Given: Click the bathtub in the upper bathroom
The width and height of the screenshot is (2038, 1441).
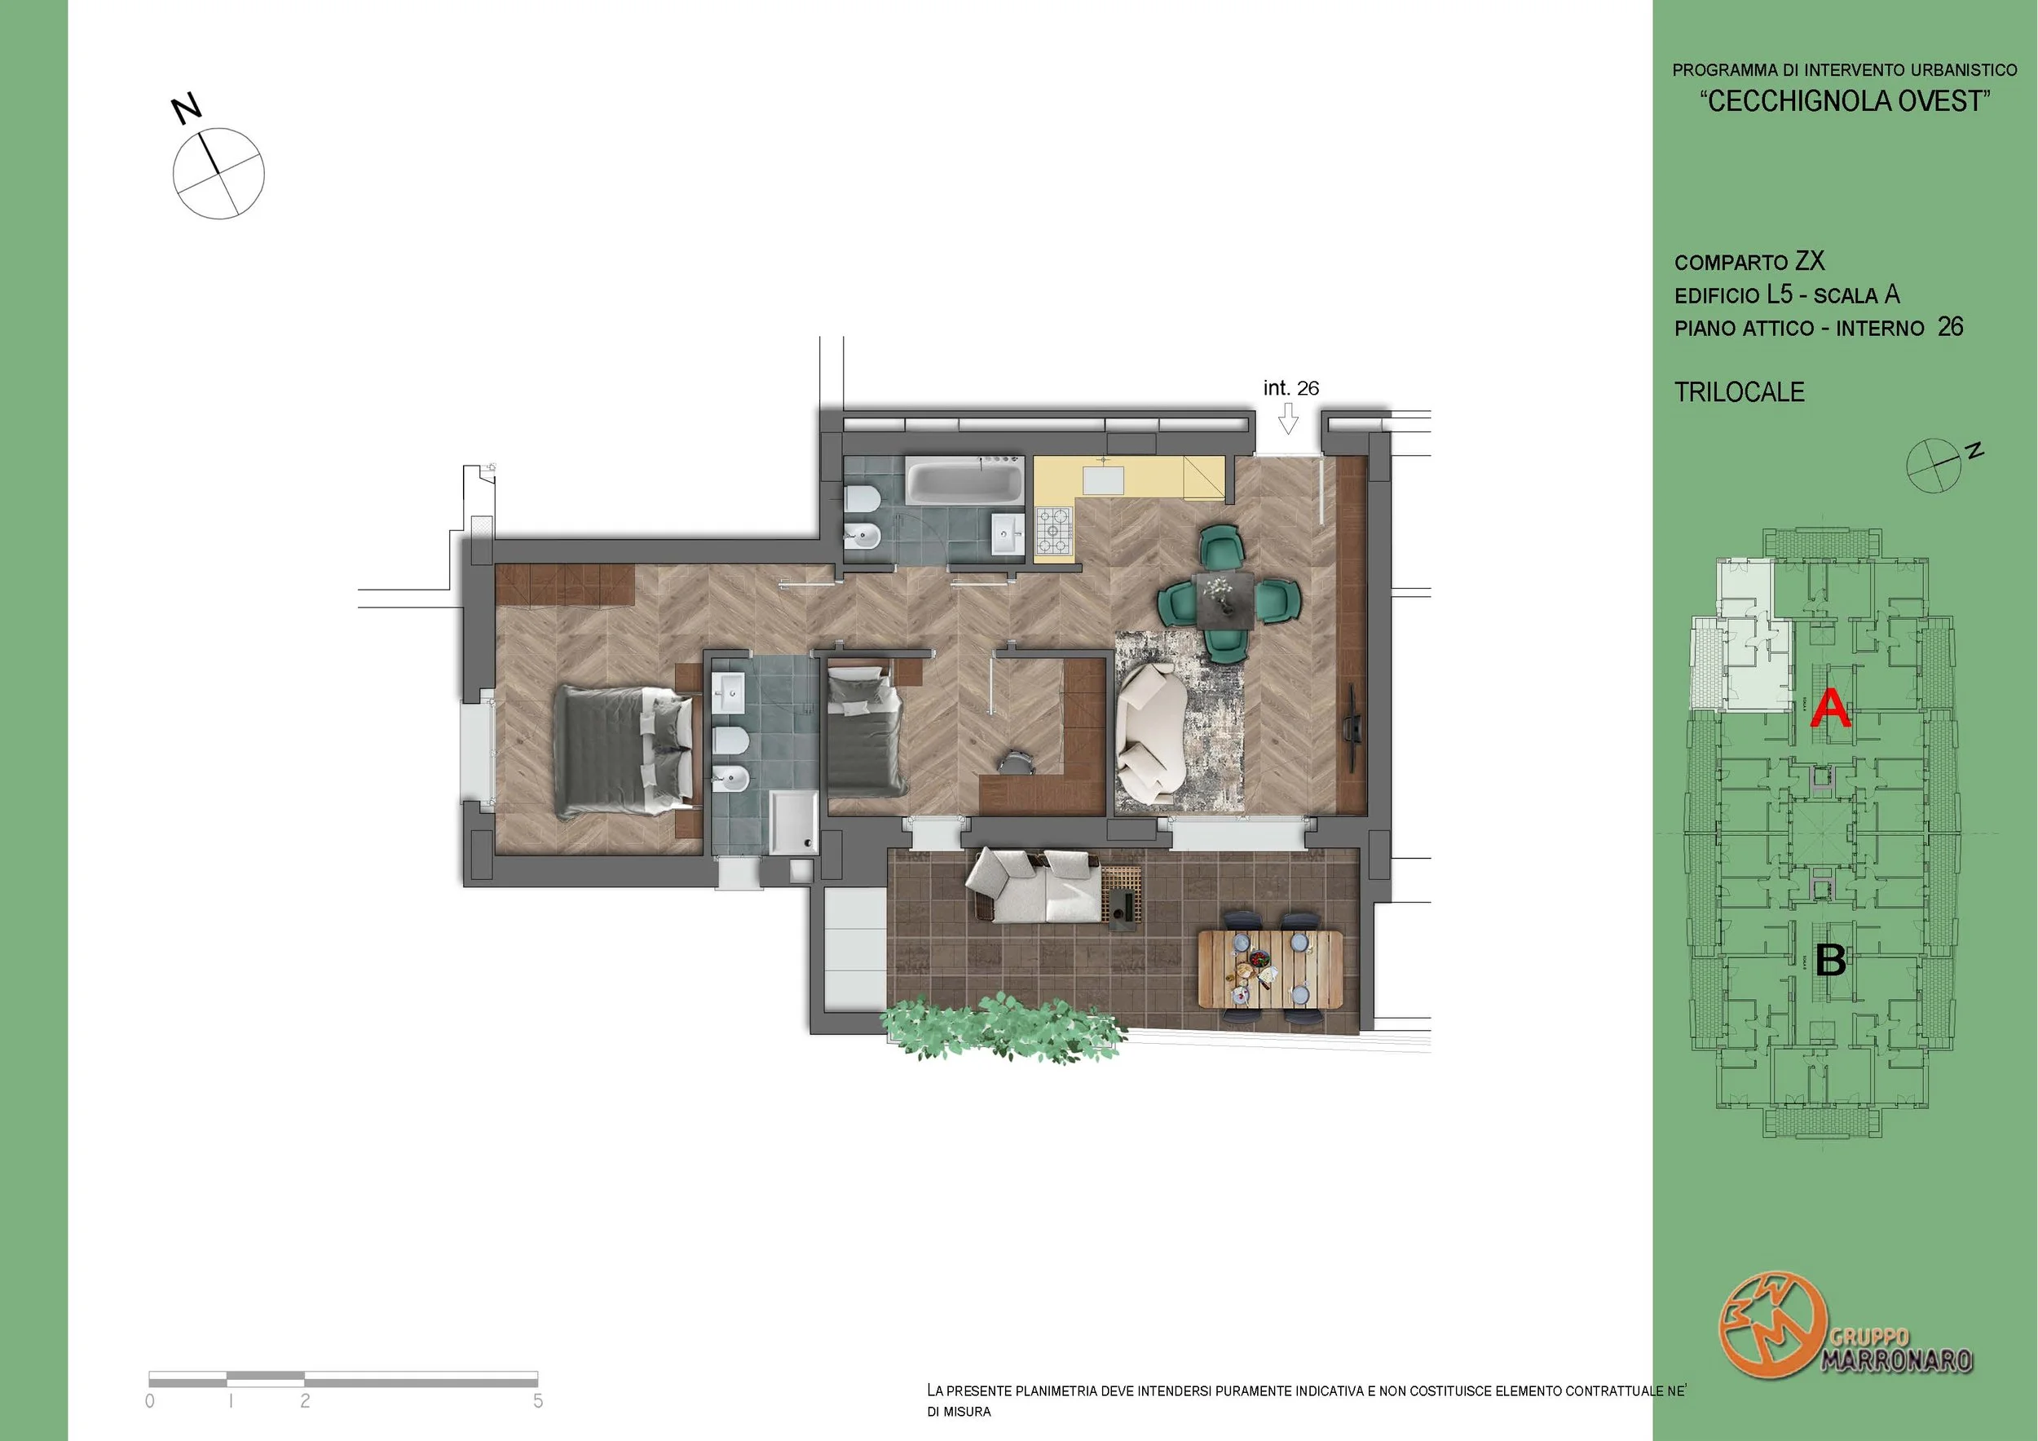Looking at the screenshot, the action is pyautogui.click(x=964, y=481).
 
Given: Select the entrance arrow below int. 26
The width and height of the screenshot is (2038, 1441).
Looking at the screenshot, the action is pyautogui.click(x=1288, y=419).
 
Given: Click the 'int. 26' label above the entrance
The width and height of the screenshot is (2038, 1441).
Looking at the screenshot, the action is pyautogui.click(x=1290, y=388).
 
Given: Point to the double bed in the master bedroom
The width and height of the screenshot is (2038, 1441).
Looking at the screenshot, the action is pyautogui.click(x=622, y=751).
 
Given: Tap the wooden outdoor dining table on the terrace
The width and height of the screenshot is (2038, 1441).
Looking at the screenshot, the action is pyautogui.click(x=1270, y=969).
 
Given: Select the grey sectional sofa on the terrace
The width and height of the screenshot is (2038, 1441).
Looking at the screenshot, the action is pyautogui.click(x=1035, y=885).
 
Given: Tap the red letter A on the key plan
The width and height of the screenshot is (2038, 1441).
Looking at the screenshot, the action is pyautogui.click(x=1830, y=709).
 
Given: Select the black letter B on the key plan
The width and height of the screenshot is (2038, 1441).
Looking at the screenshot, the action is pyautogui.click(x=1831, y=960).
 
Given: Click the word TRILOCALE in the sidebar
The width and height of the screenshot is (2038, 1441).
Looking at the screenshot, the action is pyautogui.click(x=1739, y=392).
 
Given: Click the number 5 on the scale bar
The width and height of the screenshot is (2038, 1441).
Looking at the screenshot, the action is pyautogui.click(x=538, y=1400).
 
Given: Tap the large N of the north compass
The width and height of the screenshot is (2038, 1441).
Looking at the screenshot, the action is pyautogui.click(x=187, y=108).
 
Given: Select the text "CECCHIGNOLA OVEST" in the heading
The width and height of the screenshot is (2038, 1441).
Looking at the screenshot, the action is pyautogui.click(x=1845, y=101).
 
